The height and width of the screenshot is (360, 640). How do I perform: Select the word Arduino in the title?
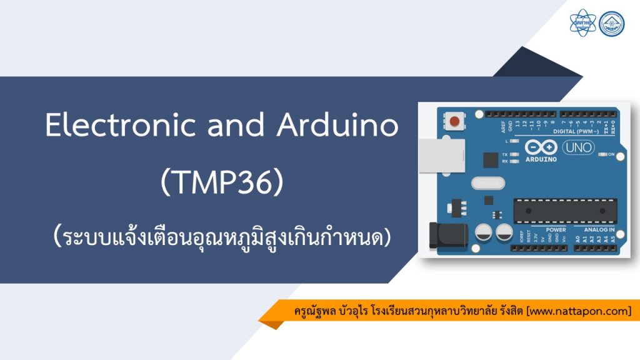coord(338,126)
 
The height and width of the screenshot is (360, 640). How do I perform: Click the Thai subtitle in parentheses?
coord(222,237)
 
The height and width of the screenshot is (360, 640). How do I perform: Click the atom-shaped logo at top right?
coord(583,23)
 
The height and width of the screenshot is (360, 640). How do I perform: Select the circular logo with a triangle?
coord(611,23)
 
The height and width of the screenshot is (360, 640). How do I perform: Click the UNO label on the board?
coord(578,147)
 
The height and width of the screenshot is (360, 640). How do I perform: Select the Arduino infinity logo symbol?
coord(541,147)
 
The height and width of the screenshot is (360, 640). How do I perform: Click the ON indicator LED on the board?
coord(603,154)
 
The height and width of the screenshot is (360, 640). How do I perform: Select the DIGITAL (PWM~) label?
coord(577,132)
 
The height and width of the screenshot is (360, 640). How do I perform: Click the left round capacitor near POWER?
coord(483,233)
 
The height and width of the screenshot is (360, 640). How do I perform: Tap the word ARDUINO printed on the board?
coord(541,159)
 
